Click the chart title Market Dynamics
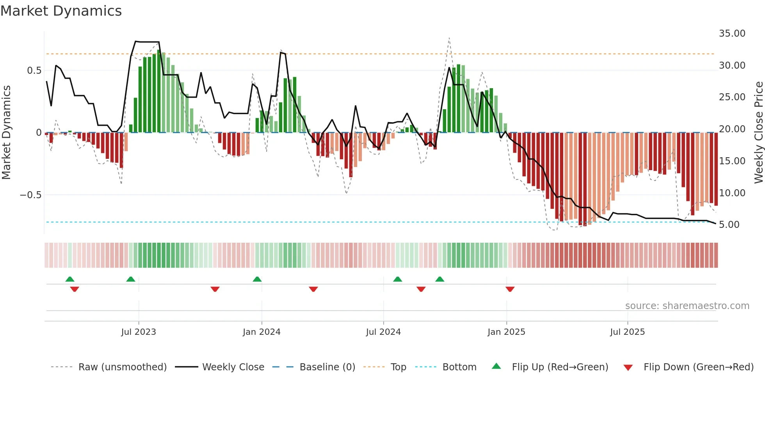61,11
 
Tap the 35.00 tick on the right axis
732,34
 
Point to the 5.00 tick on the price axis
729,225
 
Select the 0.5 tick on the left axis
34,71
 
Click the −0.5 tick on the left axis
31,195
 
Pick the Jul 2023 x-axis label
138,332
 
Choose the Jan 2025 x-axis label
506,332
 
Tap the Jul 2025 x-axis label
627,332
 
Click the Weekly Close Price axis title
758,132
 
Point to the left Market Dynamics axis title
6,132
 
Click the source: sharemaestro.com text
687,306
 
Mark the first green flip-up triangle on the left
70,279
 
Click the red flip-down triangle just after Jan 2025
510,289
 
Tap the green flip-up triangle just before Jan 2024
257,279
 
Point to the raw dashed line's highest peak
449,38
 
